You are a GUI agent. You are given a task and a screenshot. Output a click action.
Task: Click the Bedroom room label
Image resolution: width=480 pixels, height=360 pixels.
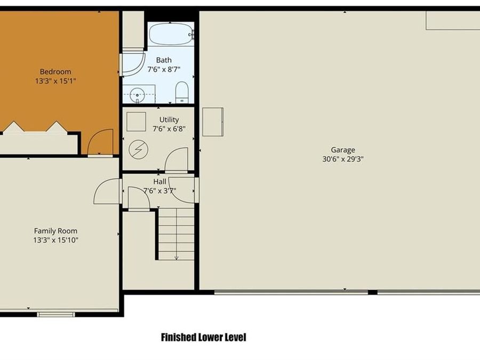point(55,71)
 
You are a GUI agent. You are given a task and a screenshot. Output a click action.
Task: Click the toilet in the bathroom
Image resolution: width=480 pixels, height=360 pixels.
point(182,92)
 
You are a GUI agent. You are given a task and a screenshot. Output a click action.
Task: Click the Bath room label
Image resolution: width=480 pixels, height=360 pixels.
point(164,60)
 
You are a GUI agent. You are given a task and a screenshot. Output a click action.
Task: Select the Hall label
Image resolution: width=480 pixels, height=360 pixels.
point(159,181)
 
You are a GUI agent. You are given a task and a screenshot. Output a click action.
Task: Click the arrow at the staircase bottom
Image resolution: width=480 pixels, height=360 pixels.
point(176,257)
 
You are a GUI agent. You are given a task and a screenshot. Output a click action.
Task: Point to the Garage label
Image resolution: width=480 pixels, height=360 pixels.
point(342,150)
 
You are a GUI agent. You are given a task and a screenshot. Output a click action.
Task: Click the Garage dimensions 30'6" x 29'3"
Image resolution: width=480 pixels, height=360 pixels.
point(342,158)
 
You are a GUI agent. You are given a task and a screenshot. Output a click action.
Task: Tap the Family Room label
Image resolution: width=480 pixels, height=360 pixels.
point(55,231)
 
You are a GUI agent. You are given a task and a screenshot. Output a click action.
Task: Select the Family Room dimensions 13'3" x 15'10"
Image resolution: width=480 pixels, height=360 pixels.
point(55,239)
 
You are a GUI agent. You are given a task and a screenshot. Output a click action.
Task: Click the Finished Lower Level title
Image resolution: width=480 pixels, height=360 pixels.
point(203,337)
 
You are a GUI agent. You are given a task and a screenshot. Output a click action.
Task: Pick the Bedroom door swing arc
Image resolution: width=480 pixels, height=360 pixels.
point(100,141)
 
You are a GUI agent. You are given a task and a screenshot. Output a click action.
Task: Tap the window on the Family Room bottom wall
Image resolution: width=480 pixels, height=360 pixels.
point(56,314)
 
